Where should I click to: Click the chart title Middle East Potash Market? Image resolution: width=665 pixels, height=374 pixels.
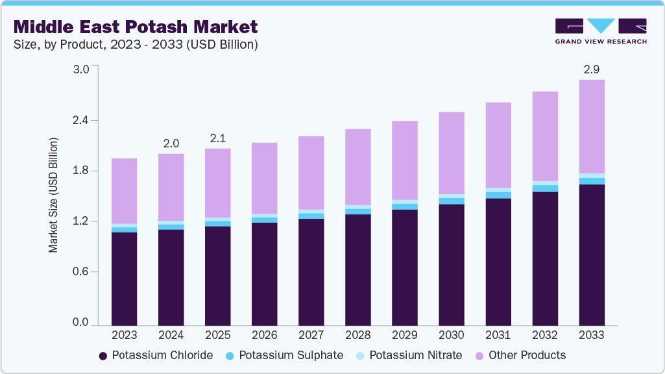pos(136,27)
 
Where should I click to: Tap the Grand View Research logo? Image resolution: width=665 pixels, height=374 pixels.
pos(600,31)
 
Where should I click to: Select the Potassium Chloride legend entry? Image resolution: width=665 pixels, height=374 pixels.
pos(156,355)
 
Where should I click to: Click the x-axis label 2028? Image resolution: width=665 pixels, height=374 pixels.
pos(357,336)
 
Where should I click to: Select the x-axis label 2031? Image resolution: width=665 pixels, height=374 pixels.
pos(498,336)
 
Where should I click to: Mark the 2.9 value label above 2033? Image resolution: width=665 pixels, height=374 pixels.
pos(591,69)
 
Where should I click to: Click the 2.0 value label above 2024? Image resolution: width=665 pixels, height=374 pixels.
pos(171,143)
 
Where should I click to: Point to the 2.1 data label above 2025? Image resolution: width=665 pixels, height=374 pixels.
pos(217,138)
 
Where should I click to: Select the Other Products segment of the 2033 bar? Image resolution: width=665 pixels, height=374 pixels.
pos(591,127)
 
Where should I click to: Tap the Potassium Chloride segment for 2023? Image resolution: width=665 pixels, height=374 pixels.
pos(124,279)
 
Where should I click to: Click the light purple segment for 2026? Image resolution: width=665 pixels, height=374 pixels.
pos(264,178)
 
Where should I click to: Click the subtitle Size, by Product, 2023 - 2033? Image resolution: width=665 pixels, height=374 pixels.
pos(136,45)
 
